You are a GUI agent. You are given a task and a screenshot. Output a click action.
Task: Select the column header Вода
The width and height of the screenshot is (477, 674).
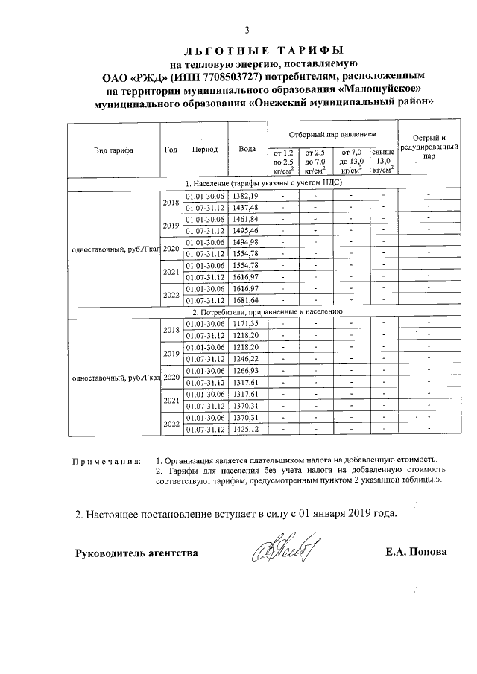(247, 149)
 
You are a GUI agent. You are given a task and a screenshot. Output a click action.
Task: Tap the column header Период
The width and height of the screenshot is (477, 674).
(204, 149)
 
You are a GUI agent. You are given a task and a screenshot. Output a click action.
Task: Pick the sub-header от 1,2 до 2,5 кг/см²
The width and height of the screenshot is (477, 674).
(284, 161)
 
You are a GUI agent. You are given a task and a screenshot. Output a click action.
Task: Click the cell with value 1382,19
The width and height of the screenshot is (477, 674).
(245, 195)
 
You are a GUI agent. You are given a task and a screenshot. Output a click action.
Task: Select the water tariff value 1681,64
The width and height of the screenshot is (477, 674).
(245, 300)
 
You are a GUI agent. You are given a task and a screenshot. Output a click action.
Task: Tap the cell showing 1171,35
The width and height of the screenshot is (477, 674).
(245, 324)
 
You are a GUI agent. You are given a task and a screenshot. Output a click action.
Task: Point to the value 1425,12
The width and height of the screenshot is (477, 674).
(245, 429)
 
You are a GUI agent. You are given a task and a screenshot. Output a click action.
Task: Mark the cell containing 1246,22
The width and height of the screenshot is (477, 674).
(245, 359)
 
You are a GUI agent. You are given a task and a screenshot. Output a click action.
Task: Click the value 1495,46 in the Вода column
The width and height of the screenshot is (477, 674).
(245, 230)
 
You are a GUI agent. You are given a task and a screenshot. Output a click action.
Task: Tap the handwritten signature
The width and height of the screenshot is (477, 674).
(284, 551)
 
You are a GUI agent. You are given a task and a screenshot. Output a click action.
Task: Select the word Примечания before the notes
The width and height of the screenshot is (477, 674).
(105, 460)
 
